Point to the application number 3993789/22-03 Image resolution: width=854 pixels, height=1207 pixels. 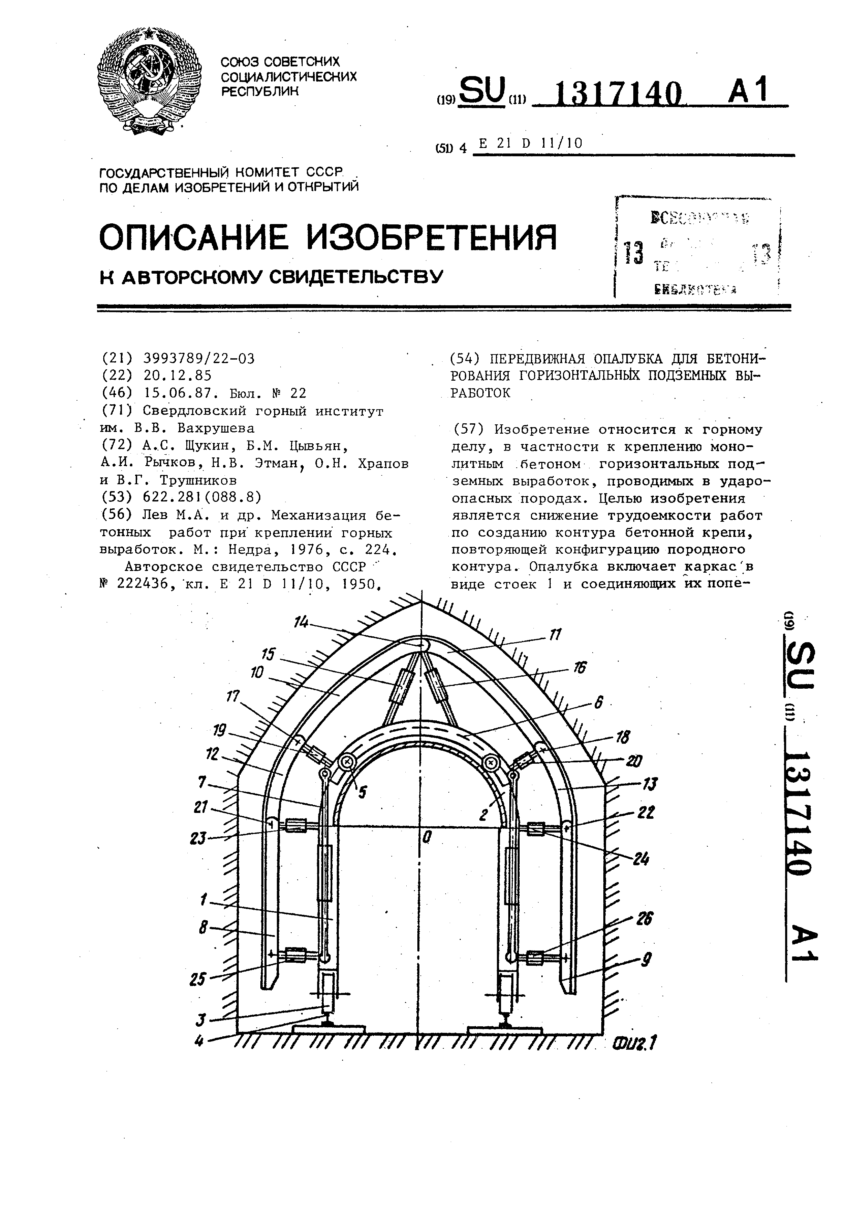click(x=199, y=359)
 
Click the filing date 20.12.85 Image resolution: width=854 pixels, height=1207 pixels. click(x=177, y=375)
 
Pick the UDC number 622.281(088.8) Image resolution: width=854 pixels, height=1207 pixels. click(x=202, y=497)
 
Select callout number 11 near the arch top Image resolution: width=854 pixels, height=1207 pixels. click(x=555, y=635)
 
